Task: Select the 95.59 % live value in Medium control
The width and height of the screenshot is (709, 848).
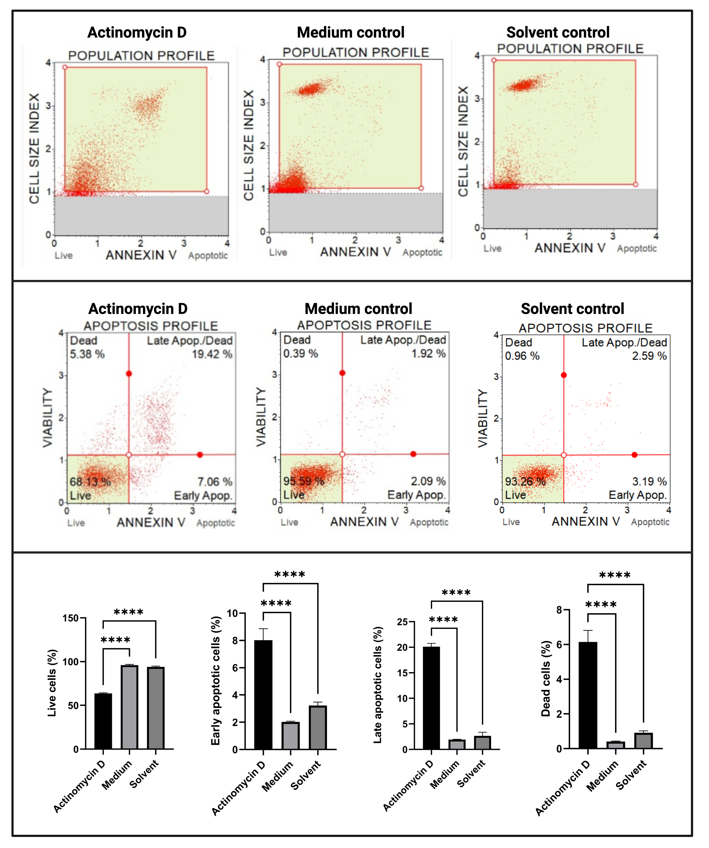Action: click(304, 481)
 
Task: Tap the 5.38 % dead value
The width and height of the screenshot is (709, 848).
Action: click(87, 354)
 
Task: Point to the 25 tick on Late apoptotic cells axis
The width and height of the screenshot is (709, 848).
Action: click(402, 622)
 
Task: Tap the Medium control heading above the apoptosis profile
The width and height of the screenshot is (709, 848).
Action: click(358, 309)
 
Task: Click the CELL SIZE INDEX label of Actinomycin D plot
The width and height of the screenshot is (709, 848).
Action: click(35, 149)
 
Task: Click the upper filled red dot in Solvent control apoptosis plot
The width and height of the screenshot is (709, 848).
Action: click(564, 375)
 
